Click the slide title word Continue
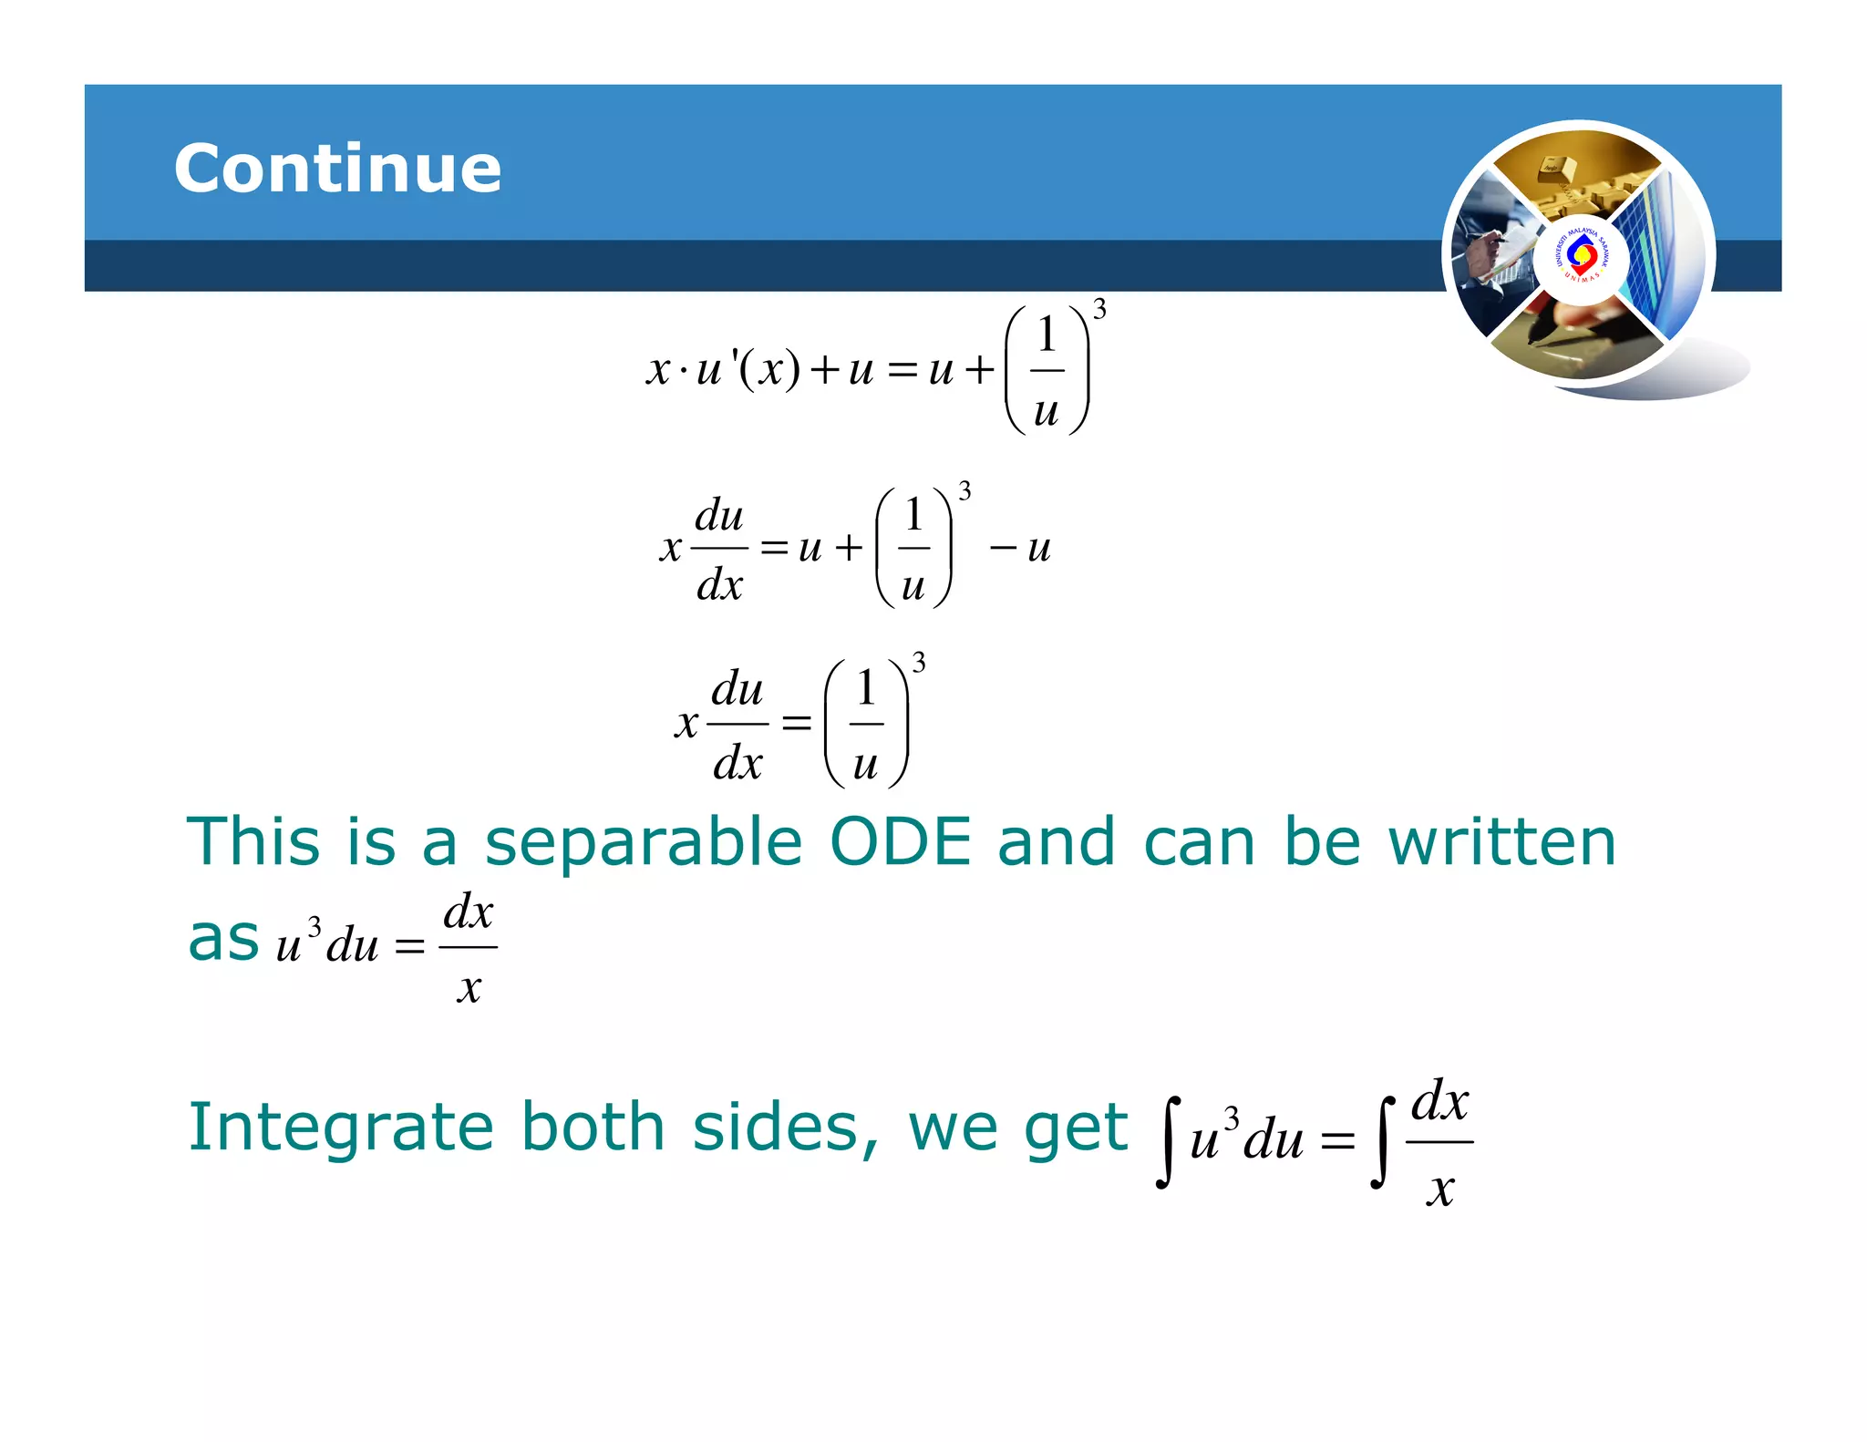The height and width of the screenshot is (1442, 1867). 337,169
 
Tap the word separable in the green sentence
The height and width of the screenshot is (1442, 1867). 643,842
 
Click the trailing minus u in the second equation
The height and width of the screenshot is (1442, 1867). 1022,548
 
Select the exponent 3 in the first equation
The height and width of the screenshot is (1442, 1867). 1099,310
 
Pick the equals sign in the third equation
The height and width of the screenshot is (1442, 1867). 796,723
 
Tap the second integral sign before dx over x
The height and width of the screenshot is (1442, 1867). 1382,1142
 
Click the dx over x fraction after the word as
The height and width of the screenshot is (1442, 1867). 468,948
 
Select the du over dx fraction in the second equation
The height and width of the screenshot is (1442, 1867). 719,549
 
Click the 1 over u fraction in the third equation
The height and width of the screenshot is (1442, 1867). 866,724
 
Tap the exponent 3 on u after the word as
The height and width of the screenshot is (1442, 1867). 315,927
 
